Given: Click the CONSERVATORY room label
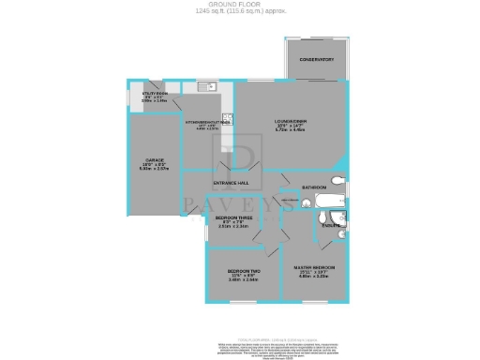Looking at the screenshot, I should [317, 60].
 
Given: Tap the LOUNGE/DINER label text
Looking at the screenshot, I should [292, 122].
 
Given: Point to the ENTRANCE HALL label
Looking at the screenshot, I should [230, 182].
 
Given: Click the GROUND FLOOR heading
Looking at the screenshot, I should [239, 4].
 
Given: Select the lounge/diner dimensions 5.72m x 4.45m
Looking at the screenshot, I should [292, 130].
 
